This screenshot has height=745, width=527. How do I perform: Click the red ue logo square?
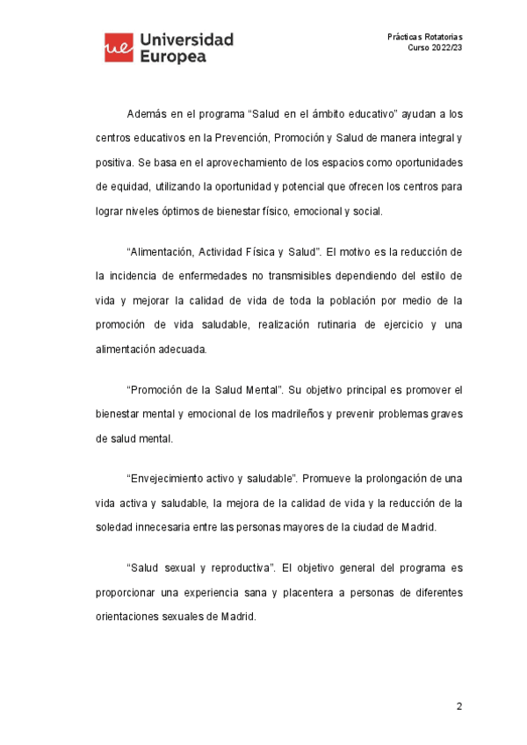(119, 47)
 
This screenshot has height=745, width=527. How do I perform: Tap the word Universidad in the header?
(186, 40)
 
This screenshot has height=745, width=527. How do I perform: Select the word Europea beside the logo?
(173, 56)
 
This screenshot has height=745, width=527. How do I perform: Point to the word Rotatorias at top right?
(442, 36)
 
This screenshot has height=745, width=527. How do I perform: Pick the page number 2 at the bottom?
(458, 706)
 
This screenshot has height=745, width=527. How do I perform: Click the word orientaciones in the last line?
(132, 616)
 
